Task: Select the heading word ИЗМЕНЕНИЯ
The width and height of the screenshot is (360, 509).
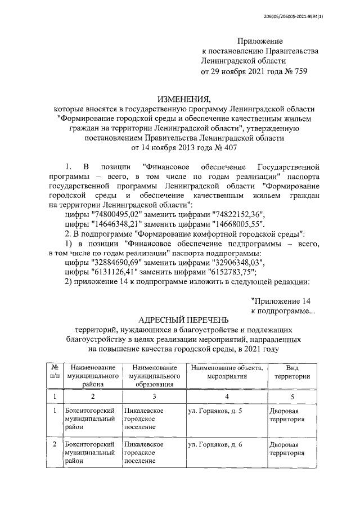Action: (184, 98)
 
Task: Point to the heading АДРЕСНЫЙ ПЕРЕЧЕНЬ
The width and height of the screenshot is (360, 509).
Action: (183, 320)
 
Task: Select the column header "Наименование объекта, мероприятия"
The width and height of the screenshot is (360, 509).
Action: (227, 372)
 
